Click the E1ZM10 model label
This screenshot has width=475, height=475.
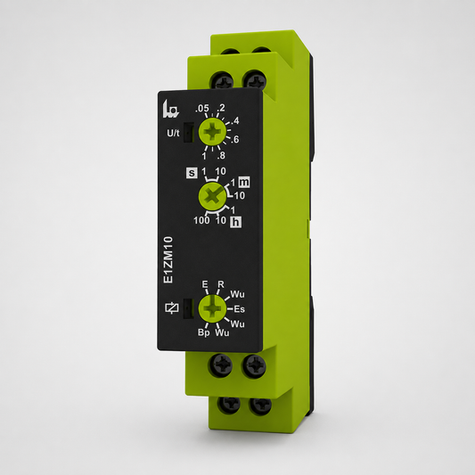168,260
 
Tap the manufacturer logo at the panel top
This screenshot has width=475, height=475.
171,109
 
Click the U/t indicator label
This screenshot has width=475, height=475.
173,133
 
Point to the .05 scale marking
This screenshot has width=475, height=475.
202,108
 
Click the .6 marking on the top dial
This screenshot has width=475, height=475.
234,139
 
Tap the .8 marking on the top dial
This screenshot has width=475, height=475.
221,156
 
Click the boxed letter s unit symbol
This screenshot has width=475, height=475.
192,173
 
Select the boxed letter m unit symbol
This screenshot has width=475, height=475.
244,182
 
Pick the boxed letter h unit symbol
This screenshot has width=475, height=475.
236,223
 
